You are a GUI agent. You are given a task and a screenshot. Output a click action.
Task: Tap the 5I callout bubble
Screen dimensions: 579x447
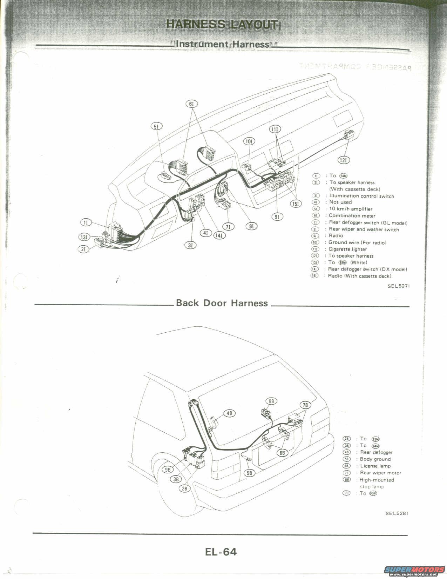(x=156, y=126)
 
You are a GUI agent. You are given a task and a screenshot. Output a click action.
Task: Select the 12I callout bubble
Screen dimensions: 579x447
(x=344, y=160)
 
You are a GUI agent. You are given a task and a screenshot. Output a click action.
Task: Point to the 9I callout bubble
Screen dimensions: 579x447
(x=277, y=217)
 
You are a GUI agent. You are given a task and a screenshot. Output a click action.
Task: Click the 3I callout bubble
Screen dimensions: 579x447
(x=190, y=245)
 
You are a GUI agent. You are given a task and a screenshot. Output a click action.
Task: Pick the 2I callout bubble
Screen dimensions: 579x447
(x=83, y=249)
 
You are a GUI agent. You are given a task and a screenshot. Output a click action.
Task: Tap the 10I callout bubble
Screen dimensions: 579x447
(x=249, y=141)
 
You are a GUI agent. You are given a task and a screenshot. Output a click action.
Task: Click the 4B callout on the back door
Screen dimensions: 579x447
(x=230, y=413)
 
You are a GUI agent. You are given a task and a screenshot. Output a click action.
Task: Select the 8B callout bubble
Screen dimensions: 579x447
(x=271, y=401)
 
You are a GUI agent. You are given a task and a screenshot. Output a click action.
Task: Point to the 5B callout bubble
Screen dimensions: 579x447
(x=249, y=473)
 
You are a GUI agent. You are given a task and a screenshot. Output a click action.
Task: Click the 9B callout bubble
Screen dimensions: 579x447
(x=168, y=469)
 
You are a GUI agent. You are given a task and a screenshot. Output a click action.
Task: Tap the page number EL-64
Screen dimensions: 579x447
(x=221, y=552)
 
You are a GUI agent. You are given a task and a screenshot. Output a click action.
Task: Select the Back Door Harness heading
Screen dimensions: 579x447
(x=222, y=303)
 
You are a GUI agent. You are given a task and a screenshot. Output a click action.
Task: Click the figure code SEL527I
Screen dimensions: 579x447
(x=398, y=286)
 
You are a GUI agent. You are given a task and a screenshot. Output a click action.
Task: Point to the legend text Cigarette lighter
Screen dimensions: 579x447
(x=347, y=249)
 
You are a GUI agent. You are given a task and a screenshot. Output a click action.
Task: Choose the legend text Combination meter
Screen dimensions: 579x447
(x=352, y=216)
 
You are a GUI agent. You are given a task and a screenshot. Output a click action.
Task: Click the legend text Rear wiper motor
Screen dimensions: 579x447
(x=380, y=473)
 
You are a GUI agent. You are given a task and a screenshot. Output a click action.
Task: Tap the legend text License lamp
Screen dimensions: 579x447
(x=375, y=466)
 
